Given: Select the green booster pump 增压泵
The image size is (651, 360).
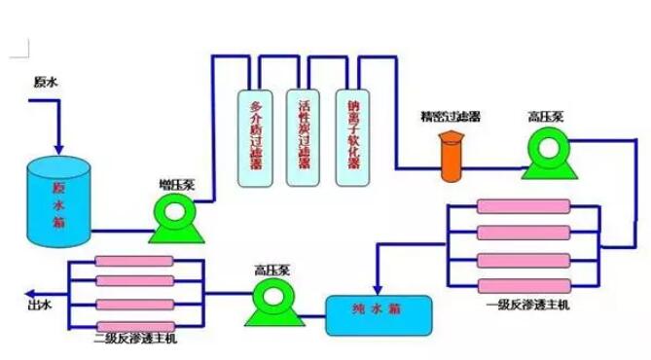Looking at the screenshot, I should (x=173, y=218).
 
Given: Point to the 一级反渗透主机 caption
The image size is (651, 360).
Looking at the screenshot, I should (x=524, y=306).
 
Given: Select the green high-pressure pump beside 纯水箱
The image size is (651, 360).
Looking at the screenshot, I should (x=269, y=304).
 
